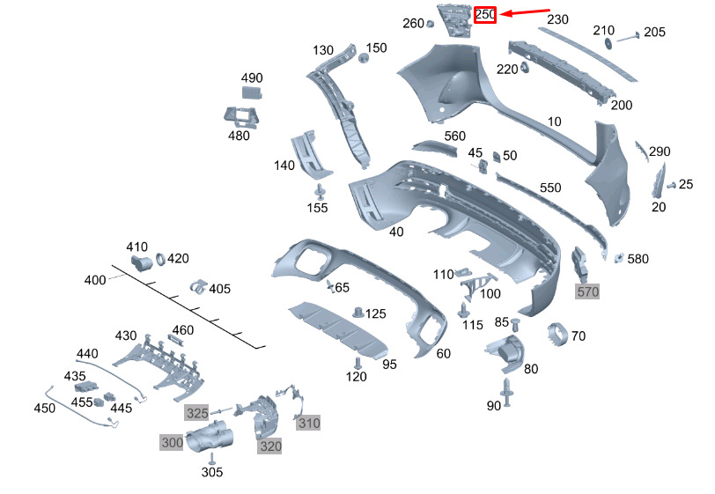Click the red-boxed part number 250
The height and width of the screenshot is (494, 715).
pyautogui.click(x=485, y=15)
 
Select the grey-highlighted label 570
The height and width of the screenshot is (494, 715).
pyautogui.click(x=586, y=291)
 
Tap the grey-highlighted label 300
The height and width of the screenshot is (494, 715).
pyautogui.click(x=171, y=441)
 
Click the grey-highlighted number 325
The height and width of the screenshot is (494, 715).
pyautogui.click(x=196, y=412)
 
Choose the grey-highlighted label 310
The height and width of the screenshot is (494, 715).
pyautogui.click(x=308, y=423)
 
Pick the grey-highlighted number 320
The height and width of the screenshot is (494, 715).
pyautogui.click(x=269, y=446)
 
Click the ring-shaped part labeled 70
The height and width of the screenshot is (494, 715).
pyautogui.click(x=557, y=335)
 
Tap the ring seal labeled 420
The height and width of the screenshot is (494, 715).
pyautogui.click(x=161, y=259)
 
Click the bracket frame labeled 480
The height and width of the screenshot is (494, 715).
pyautogui.click(x=240, y=117)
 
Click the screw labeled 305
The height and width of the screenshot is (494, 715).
pyautogui.click(x=211, y=458)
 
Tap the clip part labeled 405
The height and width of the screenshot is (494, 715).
pyautogui.click(x=198, y=287)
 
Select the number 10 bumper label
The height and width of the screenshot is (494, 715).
pyautogui.click(x=554, y=122)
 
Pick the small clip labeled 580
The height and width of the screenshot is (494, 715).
pyautogui.click(x=618, y=257)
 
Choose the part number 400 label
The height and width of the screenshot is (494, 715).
pyautogui.click(x=94, y=280)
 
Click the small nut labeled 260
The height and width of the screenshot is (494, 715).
pyautogui.click(x=430, y=24)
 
